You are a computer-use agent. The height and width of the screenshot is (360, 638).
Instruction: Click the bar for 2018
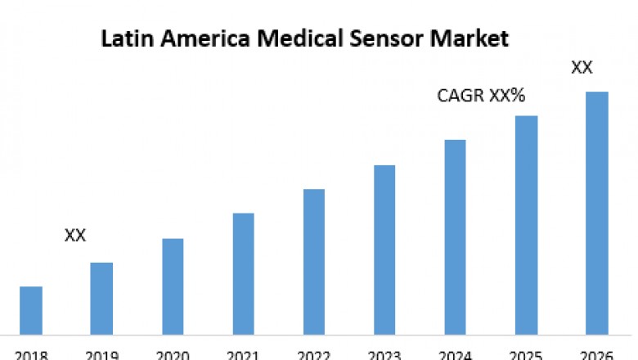click(x=31, y=310)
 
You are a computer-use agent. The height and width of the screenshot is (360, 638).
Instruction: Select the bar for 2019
click(x=101, y=298)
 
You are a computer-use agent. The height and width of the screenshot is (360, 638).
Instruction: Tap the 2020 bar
click(x=173, y=286)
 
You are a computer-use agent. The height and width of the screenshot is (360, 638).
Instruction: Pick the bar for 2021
click(x=243, y=273)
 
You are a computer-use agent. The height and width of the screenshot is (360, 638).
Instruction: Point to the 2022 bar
click(x=314, y=262)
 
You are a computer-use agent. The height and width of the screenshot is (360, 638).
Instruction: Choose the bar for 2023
click(x=384, y=250)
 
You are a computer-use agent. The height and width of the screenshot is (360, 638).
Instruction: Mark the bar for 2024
click(x=456, y=236)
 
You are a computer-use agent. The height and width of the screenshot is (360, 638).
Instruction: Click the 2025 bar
click(x=526, y=225)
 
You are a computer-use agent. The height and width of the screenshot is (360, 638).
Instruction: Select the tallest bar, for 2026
click(x=597, y=213)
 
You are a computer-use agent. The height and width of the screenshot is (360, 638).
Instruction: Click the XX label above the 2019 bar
click(x=75, y=236)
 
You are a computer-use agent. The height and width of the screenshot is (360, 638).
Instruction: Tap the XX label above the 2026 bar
click(x=582, y=68)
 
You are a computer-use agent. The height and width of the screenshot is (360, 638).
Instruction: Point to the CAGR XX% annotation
click(x=481, y=97)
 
